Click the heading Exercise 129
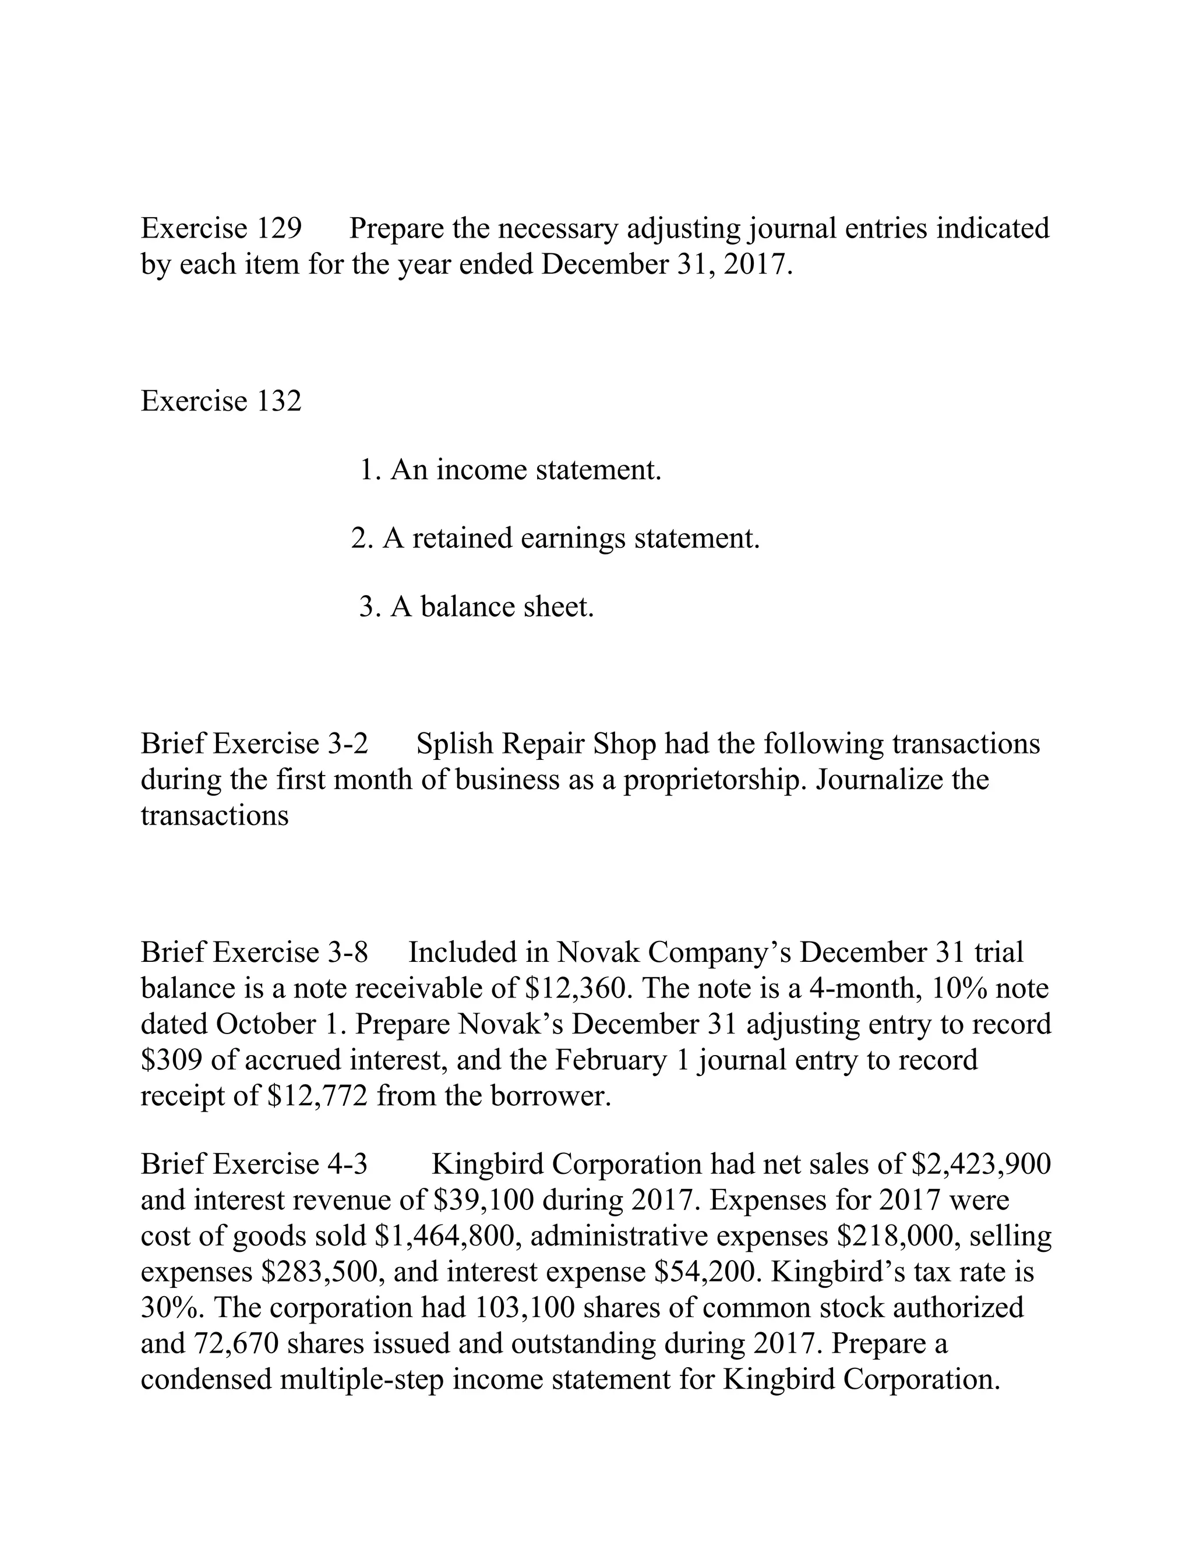(x=221, y=228)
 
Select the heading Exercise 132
(x=221, y=401)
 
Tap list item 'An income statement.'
(x=510, y=470)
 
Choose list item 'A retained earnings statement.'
(x=555, y=539)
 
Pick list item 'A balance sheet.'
(x=477, y=607)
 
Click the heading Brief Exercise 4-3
(x=255, y=1163)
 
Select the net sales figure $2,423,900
(x=981, y=1163)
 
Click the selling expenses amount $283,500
(x=322, y=1272)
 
